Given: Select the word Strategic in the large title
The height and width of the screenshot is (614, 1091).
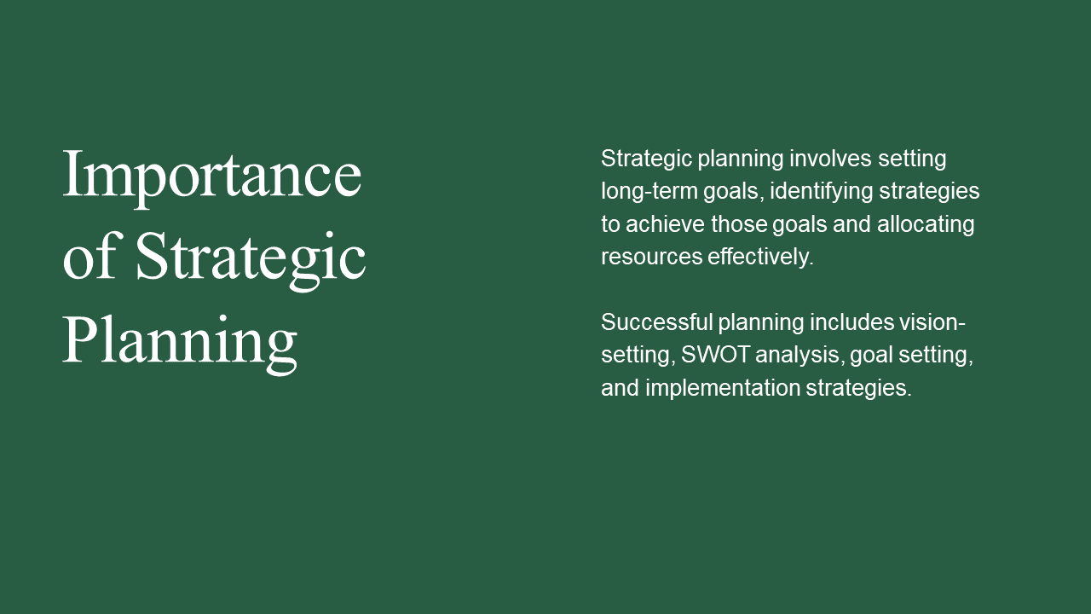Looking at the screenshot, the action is click(x=251, y=261).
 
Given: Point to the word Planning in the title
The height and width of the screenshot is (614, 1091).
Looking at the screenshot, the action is click(x=180, y=345).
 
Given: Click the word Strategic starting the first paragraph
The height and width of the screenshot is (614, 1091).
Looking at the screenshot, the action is click(x=646, y=159).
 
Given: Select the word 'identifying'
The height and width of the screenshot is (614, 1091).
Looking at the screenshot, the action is click(x=821, y=191).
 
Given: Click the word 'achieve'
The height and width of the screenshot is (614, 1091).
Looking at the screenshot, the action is click(x=666, y=224).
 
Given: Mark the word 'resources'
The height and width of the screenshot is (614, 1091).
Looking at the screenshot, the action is click(x=652, y=258).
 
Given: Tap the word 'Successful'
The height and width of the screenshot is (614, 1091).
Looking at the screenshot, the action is click(x=656, y=322).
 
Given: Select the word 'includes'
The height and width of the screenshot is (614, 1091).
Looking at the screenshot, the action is click(x=851, y=322).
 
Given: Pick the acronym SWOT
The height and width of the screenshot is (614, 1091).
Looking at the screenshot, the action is click(x=715, y=355).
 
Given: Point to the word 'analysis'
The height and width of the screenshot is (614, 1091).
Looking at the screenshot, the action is click(x=797, y=356).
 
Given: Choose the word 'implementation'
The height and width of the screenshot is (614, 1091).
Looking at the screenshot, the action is click(x=723, y=389).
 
